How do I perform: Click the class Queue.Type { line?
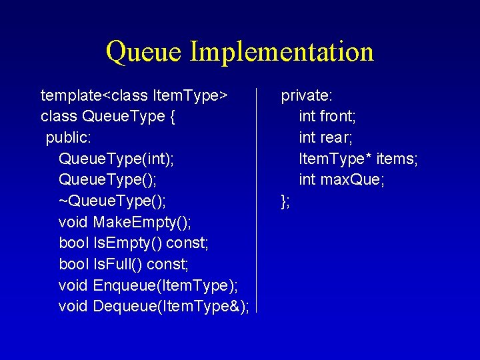[x=108, y=117]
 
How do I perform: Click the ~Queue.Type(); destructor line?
[x=113, y=201]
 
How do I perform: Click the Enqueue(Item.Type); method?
[x=166, y=285]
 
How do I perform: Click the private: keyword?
[x=307, y=96]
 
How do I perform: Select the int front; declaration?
[x=327, y=117]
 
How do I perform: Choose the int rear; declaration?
[x=326, y=138]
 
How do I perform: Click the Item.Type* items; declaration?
[x=359, y=159]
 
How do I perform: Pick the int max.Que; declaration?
[x=342, y=180]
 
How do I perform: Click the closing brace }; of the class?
[x=285, y=201]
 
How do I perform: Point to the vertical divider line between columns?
[x=257, y=200]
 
